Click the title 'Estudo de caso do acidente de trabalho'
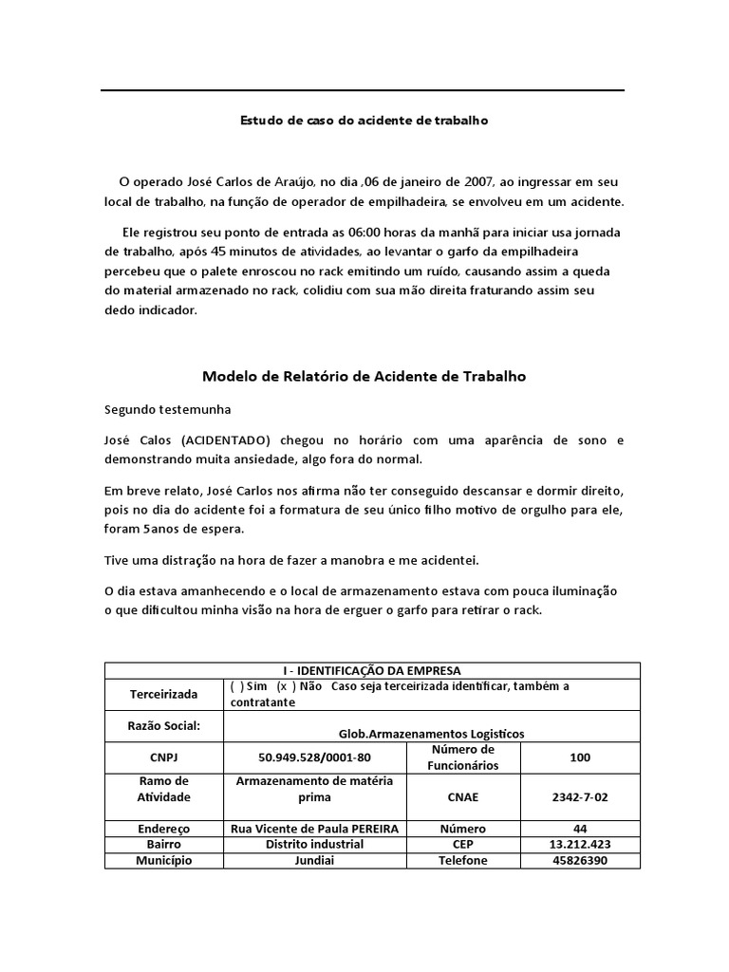click(364, 121)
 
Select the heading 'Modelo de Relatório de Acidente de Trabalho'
click(364, 377)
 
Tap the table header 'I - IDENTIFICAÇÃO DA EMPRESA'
click(371, 670)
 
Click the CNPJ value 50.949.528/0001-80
click(314, 757)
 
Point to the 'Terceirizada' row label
click(163, 695)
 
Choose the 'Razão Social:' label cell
click(163, 726)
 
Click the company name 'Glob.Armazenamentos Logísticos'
click(431, 734)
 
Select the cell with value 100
click(580, 757)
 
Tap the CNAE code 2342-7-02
click(580, 797)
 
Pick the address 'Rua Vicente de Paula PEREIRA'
click(314, 828)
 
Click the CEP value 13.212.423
click(580, 844)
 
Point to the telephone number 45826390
click(580, 860)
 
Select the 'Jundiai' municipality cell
click(314, 860)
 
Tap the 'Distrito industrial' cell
click(314, 844)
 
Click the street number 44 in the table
click(580, 828)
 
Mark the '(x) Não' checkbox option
click(301, 686)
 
